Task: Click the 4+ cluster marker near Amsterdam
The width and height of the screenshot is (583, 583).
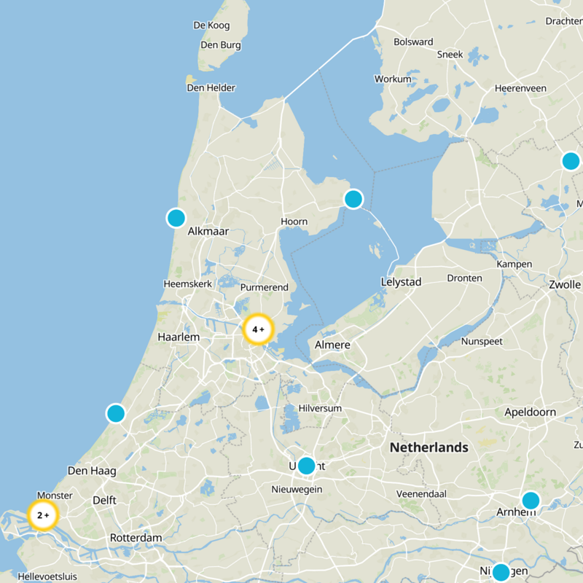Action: pyautogui.click(x=258, y=329)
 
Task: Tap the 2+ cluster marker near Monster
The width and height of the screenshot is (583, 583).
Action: pyautogui.click(x=43, y=515)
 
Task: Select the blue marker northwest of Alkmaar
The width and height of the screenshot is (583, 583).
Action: pyautogui.click(x=176, y=217)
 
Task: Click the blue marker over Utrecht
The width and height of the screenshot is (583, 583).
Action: pyautogui.click(x=306, y=465)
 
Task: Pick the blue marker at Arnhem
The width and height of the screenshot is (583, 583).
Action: pyautogui.click(x=531, y=501)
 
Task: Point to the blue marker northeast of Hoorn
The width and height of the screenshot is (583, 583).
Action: pyautogui.click(x=353, y=198)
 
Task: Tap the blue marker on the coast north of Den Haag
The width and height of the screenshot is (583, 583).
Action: pyautogui.click(x=116, y=413)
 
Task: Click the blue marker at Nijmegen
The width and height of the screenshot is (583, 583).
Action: pyautogui.click(x=501, y=572)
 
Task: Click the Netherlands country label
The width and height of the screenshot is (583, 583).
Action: pyautogui.click(x=429, y=447)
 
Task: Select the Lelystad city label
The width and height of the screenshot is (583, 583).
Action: pyautogui.click(x=401, y=281)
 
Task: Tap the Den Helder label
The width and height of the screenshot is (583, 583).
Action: pyautogui.click(x=211, y=87)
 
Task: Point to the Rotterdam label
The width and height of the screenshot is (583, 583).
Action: pyautogui.click(x=136, y=538)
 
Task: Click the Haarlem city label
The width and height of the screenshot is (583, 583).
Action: pyautogui.click(x=179, y=337)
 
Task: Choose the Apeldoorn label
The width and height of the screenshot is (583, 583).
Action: pyautogui.click(x=531, y=412)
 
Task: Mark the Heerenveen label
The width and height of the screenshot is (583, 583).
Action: pyautogui.click(x=520, y=87)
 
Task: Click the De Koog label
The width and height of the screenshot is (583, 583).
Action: pyautogui.click(x=211, y=26)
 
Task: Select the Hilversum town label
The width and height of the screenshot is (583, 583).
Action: pyautogui.click(x=320, y=408)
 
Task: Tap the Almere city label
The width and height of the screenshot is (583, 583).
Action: pyautogui.click(x=332, y=345)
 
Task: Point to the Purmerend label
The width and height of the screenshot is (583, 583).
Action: pyautogui.click(x=265, y=287)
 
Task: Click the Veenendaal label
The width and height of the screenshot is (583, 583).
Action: pyautogui.click(x=420, y=493)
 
